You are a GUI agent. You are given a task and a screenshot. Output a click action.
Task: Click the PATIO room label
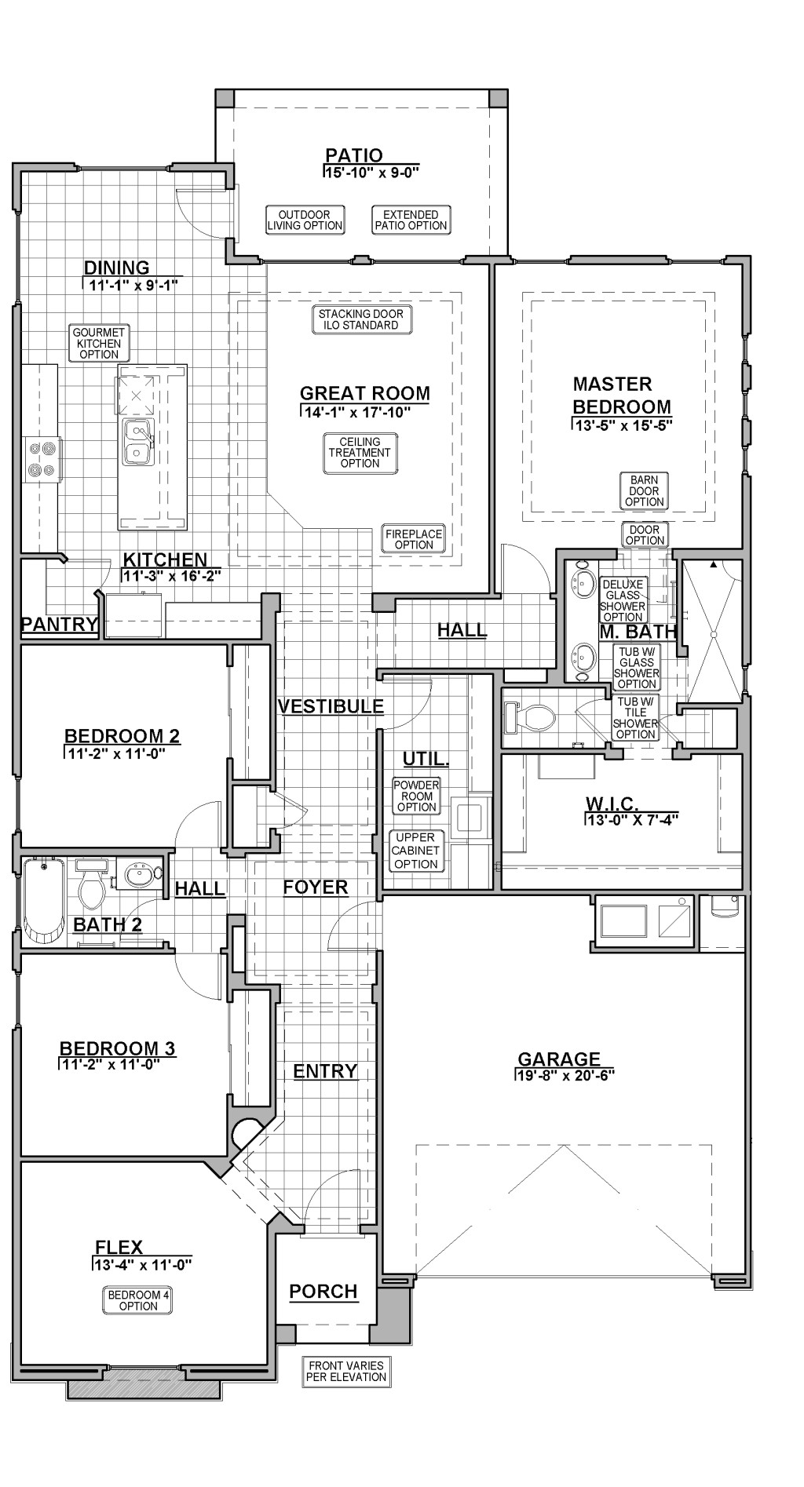[x=354, y=155]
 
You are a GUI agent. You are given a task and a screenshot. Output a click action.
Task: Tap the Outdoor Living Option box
[x=305, y=220]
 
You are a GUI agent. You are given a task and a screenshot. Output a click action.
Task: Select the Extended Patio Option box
[x=411, y=220]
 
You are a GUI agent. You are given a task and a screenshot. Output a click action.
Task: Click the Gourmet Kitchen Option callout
[x=99, y=344]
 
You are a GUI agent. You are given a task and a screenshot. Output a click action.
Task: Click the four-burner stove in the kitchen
[x=41, y=459]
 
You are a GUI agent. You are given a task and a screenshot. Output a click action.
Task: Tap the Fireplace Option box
[x=414, y=539]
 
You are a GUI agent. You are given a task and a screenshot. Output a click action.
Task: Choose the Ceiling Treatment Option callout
[x=360, y=453]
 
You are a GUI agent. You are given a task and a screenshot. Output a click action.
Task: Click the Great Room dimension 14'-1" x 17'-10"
[x=356, y=411]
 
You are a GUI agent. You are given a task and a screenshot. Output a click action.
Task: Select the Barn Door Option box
[x=645, y=490]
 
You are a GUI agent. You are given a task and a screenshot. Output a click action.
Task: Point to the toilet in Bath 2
[x=93, y=884]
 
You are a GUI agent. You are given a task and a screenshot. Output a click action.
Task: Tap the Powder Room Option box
[x=416, y=796]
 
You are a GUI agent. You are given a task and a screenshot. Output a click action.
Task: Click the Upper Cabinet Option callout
[x=416, y=851]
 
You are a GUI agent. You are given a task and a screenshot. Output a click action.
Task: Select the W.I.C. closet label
[x=612, y=804]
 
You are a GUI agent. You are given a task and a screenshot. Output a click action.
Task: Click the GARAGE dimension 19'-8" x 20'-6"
[x=565, y=1075]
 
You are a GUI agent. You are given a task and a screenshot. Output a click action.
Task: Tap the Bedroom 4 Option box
[x=138, y=1300]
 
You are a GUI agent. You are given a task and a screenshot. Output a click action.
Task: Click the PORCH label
[x=323, y=1291]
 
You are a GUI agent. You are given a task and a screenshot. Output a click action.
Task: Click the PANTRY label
[x=60, y=625]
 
